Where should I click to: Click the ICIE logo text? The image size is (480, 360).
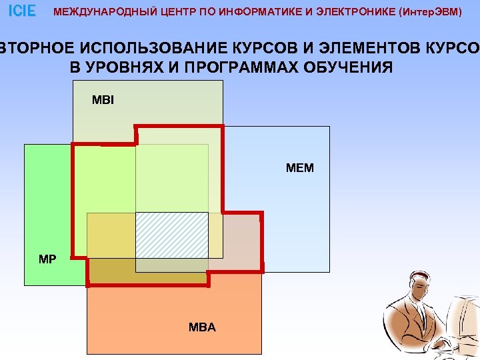point(22,11)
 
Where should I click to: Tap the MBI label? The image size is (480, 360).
point(103,101)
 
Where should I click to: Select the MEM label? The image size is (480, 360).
point(299,168)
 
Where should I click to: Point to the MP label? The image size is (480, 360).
point(47,259)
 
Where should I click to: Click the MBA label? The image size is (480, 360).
point(202,327)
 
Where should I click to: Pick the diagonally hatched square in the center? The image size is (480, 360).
point(171,234)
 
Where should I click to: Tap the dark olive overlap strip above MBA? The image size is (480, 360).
point(147,271)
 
